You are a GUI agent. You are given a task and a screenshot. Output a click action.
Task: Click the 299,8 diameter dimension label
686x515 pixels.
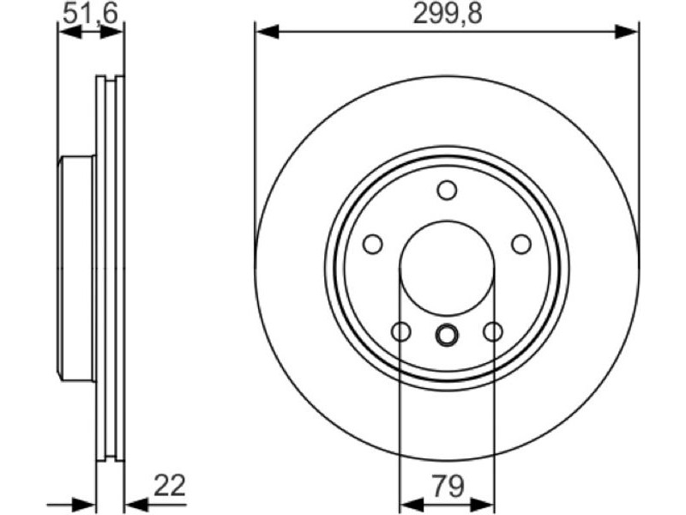coord(448,14)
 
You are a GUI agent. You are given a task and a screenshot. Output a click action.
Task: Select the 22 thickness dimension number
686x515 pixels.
coord(170,485)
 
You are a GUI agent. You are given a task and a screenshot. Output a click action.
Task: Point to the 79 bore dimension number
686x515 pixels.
coord(448,486)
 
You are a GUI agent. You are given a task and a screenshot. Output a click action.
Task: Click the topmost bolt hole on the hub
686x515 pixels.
coord(447,191)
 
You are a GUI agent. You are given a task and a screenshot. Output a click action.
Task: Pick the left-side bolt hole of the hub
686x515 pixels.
coord(373,244)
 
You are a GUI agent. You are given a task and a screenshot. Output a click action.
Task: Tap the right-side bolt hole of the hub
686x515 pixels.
coord(521,244)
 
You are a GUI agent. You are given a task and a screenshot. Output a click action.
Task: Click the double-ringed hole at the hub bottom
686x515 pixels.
coord(447,335)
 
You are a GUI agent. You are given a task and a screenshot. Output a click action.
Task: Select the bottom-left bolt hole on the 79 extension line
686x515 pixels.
coord(400,331)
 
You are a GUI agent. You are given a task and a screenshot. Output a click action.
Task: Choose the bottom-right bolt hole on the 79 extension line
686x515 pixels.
coord(493,331)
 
